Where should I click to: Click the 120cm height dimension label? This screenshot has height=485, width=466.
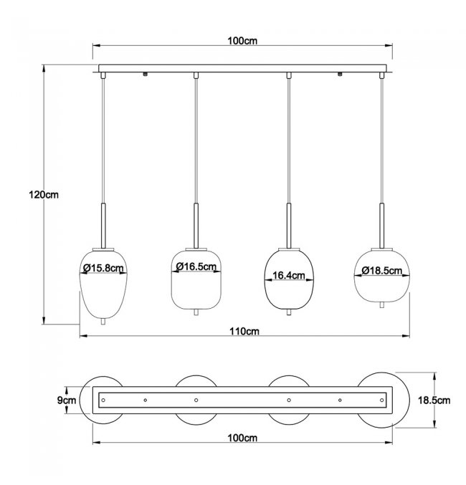click(x=44, y=195)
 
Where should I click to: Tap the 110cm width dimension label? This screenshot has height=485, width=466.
click(x=244, y=331)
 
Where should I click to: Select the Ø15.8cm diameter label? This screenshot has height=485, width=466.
click(x=103, y=268)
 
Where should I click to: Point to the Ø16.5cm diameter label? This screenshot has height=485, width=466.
click(x=196, y=266)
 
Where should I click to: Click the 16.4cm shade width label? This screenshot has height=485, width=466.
click(x=289, y=275)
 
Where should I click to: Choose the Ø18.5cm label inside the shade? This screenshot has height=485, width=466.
click(x=382, y=271)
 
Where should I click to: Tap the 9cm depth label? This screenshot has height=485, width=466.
click(x=66, y=400)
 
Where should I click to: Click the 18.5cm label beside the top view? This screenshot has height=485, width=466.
click(x=434, y=400)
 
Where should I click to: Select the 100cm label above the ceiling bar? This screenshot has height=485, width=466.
click(x=242, y=41)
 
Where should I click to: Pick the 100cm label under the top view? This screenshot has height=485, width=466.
click(x=242, y=438)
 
